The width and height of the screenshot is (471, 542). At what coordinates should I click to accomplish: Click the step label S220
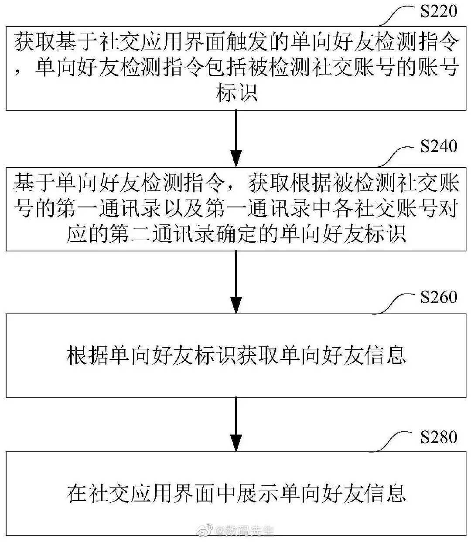(x=439, y=11)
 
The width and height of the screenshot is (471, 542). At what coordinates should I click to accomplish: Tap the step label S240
(x=439, y=146)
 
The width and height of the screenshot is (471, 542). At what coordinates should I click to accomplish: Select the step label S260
(x=439, y=297)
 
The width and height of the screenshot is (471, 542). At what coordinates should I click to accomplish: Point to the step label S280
(x=439, y=437)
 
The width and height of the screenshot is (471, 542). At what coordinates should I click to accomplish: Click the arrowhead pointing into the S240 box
(x=236, y=158)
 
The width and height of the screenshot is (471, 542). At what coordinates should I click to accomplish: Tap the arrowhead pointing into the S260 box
(x=236, y=305)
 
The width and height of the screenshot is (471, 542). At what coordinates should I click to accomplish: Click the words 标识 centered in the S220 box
(x=236, y=93)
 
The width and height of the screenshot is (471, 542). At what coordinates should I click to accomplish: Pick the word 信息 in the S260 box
(x=386, y=355)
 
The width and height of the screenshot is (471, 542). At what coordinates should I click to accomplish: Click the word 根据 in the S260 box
(x=88, y=355)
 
